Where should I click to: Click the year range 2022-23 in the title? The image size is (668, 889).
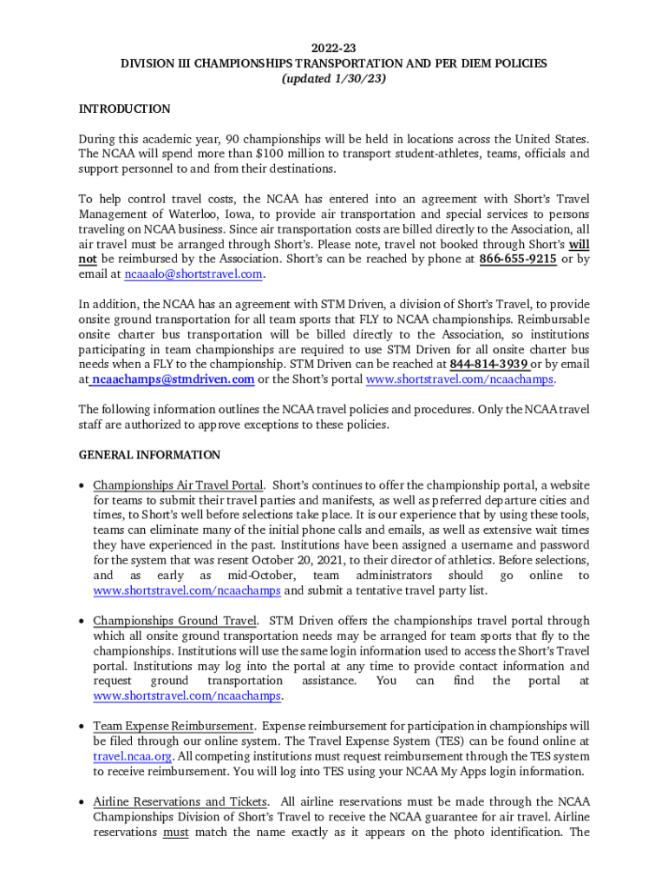point(334,49)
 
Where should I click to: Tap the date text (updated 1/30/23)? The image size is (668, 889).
point(334,78)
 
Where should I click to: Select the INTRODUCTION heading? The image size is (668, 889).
point(124,109)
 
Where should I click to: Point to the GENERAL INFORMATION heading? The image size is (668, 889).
point(149,455)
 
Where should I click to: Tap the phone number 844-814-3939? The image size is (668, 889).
point(488,364)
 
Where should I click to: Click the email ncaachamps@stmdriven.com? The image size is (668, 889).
point(173,379)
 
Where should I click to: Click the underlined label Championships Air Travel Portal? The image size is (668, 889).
point(178,485)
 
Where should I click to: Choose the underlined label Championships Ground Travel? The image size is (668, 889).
point(174,621)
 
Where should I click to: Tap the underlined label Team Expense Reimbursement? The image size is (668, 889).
point(174,726)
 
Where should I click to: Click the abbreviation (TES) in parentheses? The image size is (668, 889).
point(449,741)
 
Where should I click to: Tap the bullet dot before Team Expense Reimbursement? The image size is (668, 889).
point(82,727)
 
